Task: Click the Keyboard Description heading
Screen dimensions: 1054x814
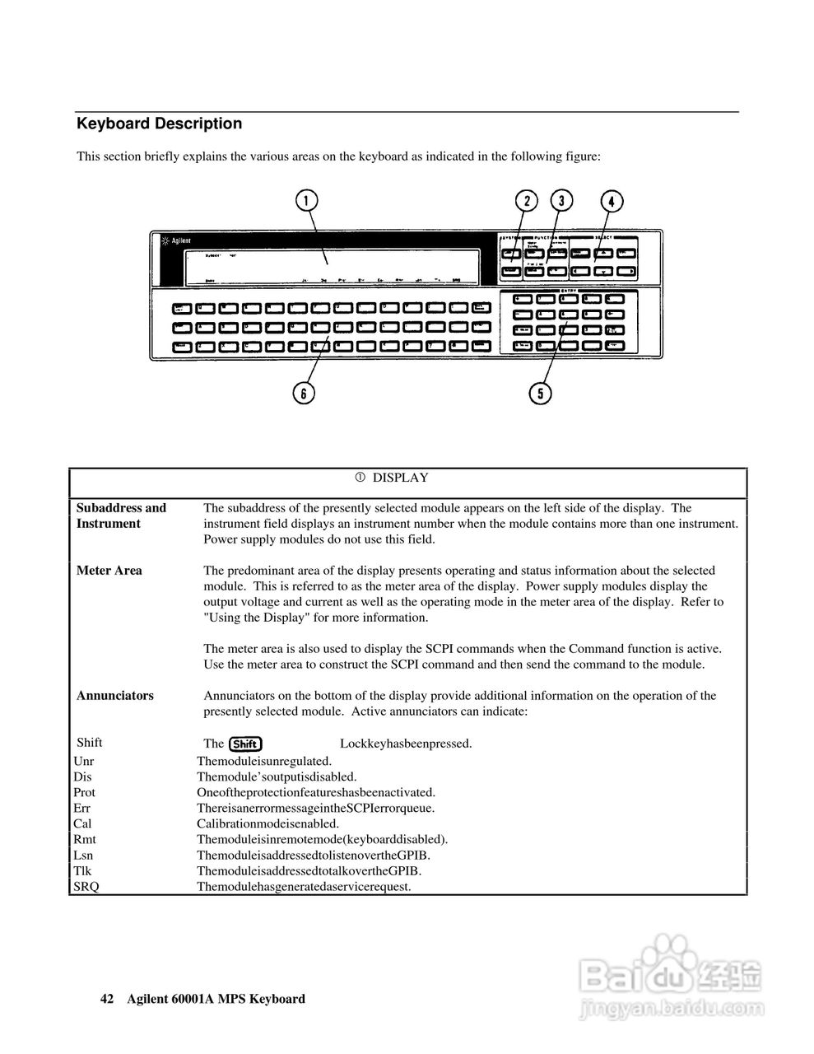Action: pos(159,124)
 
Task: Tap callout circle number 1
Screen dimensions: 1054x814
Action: pos(305,201)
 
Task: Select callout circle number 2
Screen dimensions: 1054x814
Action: pos(526,201)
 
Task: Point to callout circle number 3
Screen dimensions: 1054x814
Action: pos(561,201)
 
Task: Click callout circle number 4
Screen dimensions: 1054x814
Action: pos(612,202)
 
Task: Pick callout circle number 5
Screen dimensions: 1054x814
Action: pos(540,393)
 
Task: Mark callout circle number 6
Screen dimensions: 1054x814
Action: pos(304,393)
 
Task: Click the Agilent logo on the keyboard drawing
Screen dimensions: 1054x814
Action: pos(177,241)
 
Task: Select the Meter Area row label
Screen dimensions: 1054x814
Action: pos(109,571)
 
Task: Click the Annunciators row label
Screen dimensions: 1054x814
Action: pos(114,696)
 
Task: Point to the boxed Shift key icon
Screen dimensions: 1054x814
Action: pos(246,744)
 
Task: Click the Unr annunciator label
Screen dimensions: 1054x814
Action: pos(84,762)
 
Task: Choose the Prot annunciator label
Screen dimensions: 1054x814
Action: pos(85,793)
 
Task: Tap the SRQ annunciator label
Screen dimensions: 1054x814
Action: pos(86,887)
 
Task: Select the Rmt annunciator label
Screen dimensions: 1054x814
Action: pos(85,840)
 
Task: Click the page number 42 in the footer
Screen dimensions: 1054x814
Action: pos(106,999)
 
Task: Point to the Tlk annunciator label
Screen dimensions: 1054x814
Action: pos(83,871)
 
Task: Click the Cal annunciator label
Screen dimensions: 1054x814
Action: pos(83,824)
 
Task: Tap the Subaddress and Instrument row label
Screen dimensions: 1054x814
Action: pos(121,515)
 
